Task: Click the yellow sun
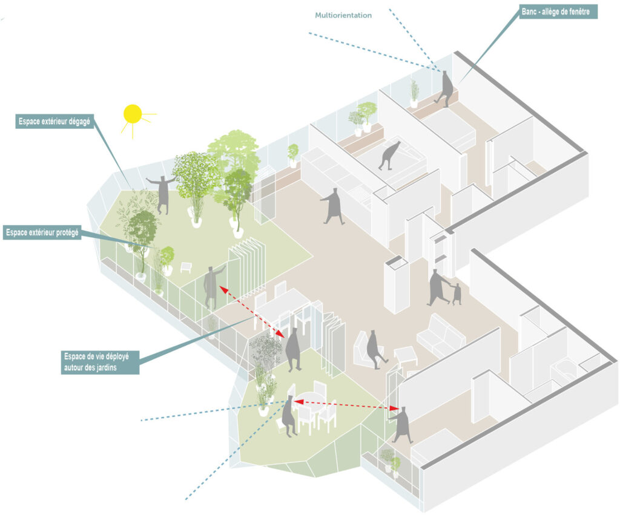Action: [x=132, y=114]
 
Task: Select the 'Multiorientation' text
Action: [x=343, y=15]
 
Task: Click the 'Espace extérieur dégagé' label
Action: [x=54, y=121]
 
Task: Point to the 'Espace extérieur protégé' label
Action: [x=42, y=232]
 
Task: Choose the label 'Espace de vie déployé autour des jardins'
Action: [x=101, y=361]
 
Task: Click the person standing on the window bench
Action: [x=446, y=88]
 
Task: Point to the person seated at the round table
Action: [x=289, y=416]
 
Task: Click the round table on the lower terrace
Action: [x=309, y=401]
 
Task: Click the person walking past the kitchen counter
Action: [x=332, y=206]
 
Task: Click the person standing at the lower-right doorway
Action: [x=401, y=424]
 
